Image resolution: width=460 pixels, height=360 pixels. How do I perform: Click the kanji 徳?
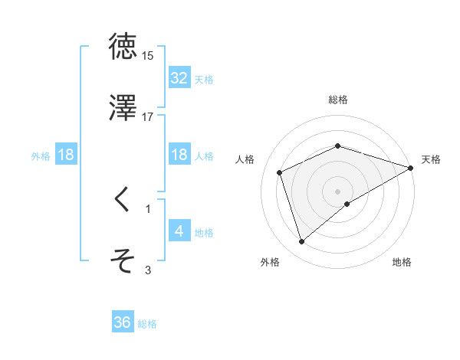tap(123, 47)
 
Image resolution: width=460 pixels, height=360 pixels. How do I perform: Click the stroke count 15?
tap(148, 56)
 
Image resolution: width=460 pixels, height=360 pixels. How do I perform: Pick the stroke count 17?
tap(148, 117)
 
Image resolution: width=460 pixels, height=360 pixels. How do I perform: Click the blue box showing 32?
tap(179, 78)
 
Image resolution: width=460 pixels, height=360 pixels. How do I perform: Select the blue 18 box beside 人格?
tap(179, 155)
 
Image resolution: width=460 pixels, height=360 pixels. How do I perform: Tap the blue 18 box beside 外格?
tap(66, 155)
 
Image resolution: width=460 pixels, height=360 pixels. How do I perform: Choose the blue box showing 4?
tap(179, 231)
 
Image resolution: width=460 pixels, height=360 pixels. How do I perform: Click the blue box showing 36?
tap(123, 322)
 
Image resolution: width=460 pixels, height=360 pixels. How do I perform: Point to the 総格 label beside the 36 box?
tap(148, 324)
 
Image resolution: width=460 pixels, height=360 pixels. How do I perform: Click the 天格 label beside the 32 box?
tap(204, 79)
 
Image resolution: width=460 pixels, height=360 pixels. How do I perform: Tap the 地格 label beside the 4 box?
tap(204, 232)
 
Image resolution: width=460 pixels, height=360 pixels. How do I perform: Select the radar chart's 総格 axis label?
tap(338, 100)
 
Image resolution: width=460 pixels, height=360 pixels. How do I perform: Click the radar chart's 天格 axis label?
tap(431, 159)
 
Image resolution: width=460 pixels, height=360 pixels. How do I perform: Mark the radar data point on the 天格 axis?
tap(411, 167)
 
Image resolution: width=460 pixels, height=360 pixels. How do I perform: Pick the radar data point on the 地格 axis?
tap(347, 204)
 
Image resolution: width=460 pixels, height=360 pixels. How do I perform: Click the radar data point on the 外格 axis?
tap(301, 242)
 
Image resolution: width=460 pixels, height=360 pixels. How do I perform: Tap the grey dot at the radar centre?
tap(338, 191)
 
